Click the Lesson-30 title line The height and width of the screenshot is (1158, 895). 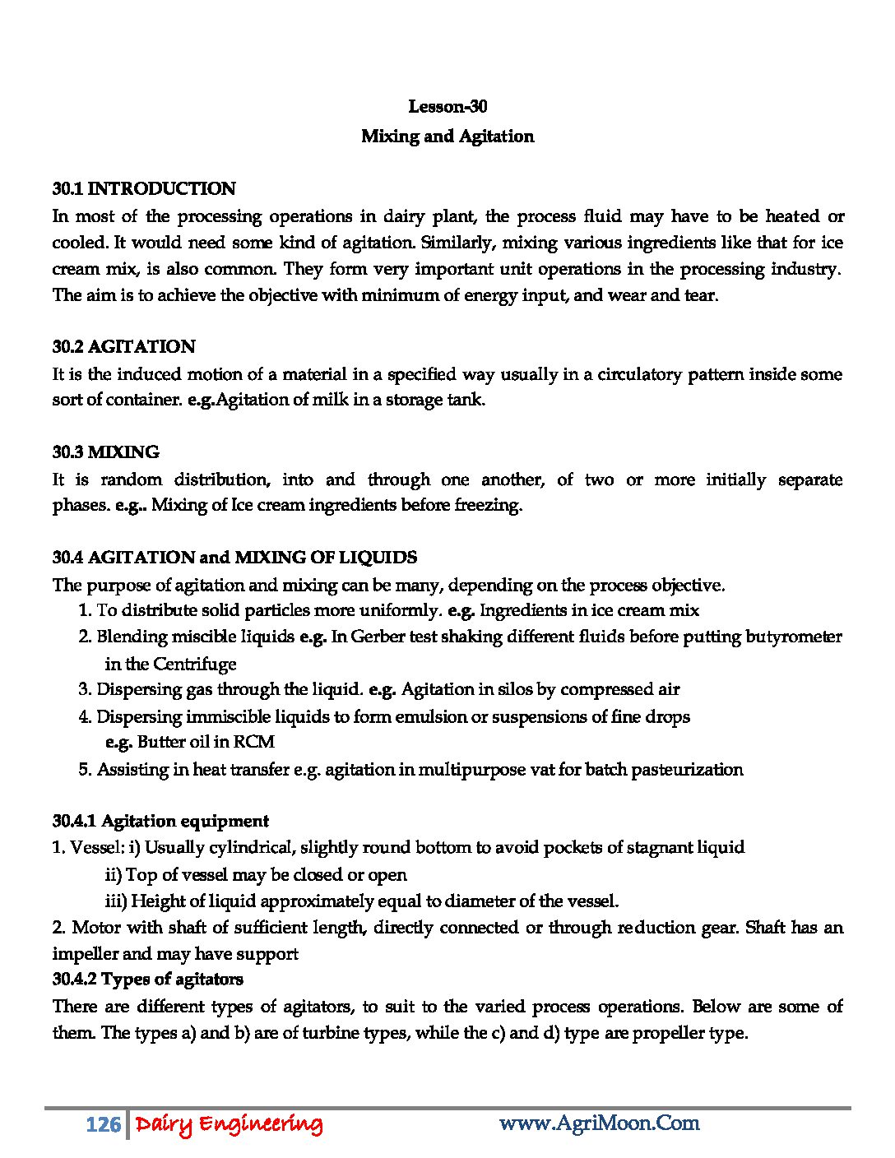click(x=447, y=107)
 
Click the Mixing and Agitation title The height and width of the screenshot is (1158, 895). click(x=447, y=137)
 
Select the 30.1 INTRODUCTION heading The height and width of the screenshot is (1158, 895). click(x=144, y=189)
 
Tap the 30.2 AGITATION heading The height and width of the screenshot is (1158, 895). click(x=124, y=347)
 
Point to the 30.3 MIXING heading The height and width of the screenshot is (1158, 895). click(x=106, y=452)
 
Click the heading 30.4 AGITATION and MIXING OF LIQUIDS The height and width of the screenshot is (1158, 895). click(x=234, y=558)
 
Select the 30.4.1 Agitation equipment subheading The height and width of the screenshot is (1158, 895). click(x=160, y=821)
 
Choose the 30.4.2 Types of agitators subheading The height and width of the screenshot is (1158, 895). click(x=148, y=980)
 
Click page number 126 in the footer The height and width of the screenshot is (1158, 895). click(x=104, y=1124)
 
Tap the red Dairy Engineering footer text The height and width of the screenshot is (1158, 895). click(x=229, y=1124)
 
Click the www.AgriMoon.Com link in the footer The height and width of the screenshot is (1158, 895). click(x=599, y=1123)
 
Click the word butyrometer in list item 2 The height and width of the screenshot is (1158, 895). click(x=793, y=637)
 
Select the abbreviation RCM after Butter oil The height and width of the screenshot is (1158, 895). click(x=254, y=742)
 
